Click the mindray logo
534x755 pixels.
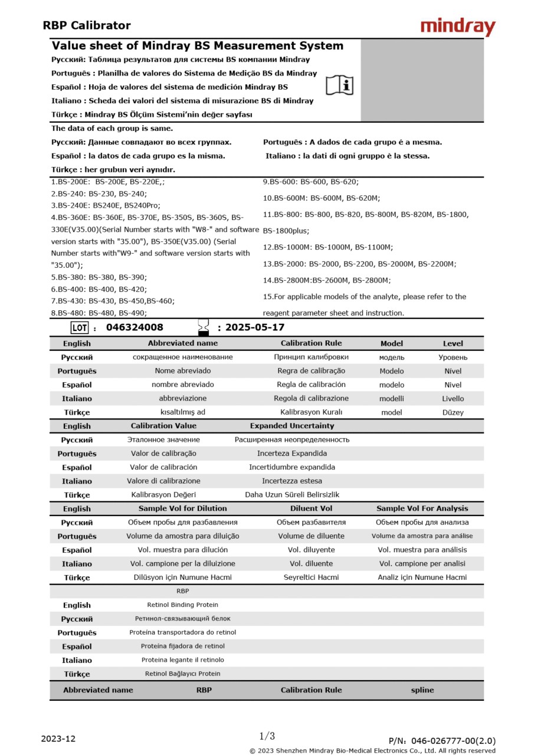[458, 27]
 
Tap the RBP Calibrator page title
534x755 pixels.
[87, 25]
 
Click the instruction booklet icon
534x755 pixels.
[340, 86]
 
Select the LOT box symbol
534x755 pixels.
[79, 327]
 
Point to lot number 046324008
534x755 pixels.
[135, 327]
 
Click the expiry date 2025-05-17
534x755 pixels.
[255, 327]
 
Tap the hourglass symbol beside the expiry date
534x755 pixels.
[204, 327]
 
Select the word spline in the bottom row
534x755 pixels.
[422, 690]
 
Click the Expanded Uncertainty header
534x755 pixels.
[291, 426]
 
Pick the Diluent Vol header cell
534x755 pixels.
[311, 508]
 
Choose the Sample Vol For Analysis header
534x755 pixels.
[422, 508]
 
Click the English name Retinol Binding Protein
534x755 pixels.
[182, 605]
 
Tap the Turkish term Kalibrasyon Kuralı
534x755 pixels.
[311, 412]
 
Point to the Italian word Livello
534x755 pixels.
[453, 399]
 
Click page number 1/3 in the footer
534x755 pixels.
[267, 736]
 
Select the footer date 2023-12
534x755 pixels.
[58, 738]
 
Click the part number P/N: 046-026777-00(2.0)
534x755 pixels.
[442, 741]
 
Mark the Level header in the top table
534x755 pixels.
[453, 343]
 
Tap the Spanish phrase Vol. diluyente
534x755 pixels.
[311, 550]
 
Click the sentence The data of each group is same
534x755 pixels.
[112, 129]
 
